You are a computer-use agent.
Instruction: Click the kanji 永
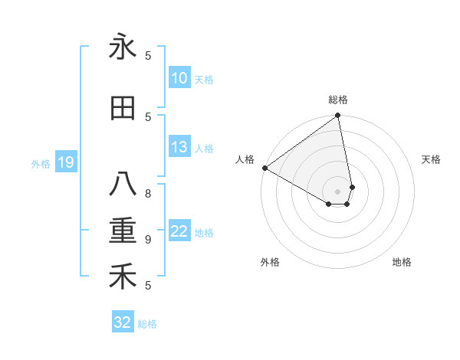[123, 47]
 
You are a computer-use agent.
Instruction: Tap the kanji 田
[123, 108]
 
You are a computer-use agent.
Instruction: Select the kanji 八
[123, 185]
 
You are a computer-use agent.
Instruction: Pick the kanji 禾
[123, 277]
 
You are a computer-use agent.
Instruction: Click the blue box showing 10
[179, 78]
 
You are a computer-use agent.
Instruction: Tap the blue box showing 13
[179, 147]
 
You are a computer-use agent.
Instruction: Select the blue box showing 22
[179, 231]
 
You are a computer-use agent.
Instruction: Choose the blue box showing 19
[66, 162]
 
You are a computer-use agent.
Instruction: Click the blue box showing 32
[123, 322]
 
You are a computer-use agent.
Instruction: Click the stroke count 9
[148, 240]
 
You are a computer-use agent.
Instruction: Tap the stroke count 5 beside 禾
[148, 286]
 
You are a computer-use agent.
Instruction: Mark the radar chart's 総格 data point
[337, 116]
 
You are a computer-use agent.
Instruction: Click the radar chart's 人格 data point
[264, 168]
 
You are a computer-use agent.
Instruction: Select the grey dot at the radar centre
[337, 190]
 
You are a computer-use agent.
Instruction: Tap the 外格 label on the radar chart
[270, 262]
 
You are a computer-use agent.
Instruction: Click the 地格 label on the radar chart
[402, 262]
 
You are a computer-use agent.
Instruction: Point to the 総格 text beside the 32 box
[148, 324]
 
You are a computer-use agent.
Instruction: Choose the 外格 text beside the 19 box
[41, 163]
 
